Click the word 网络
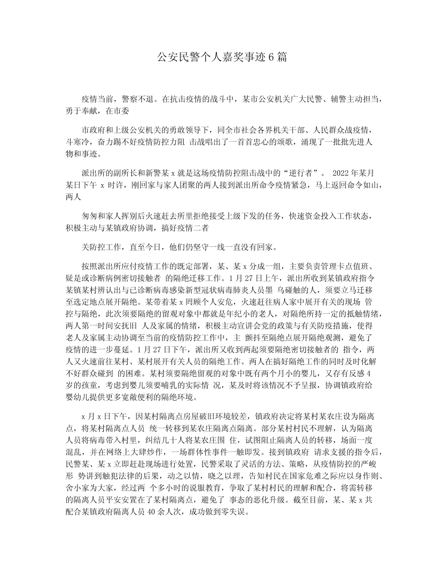[112, 452]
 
